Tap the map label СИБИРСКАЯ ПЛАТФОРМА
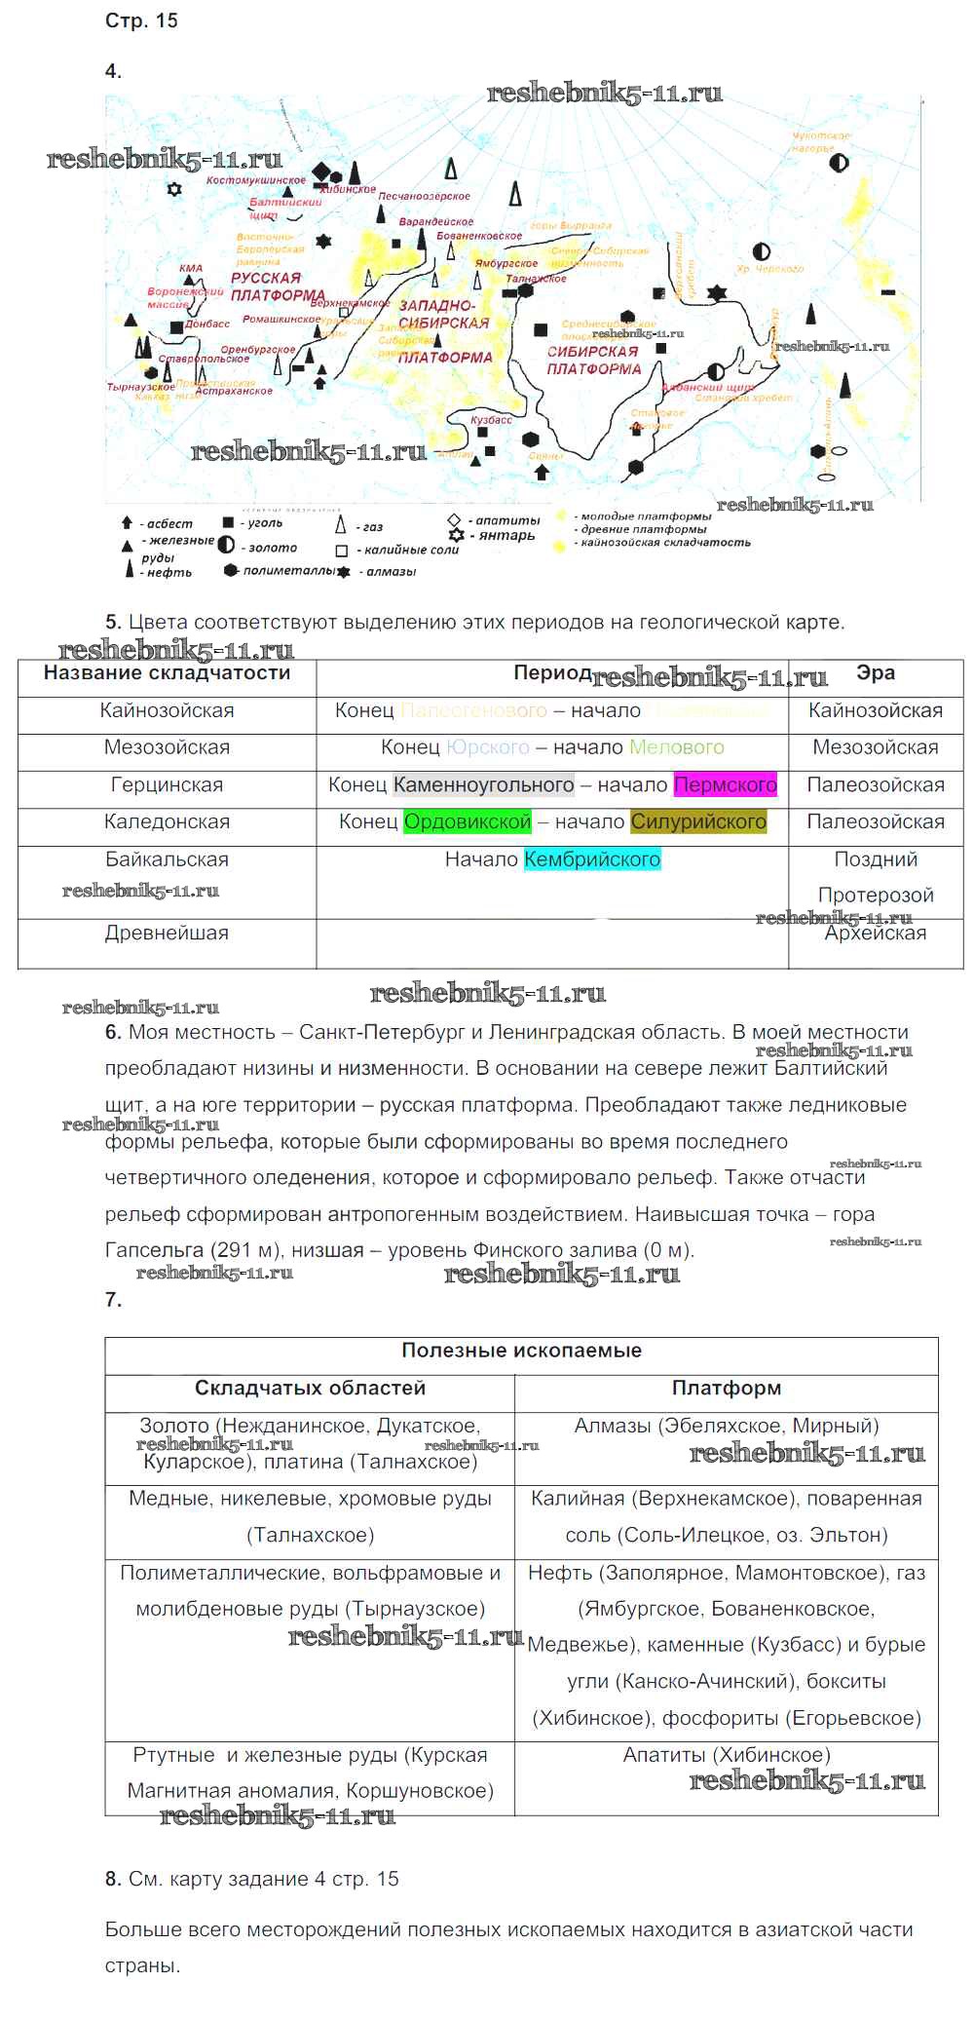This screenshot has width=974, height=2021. (593, 360)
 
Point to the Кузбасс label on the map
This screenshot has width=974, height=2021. (491, 420)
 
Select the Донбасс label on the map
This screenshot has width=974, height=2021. (207, 324)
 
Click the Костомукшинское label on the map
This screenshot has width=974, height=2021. (256, 180)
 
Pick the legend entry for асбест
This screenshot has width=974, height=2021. (159, 523)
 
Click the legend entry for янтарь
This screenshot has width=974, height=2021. (494, 535)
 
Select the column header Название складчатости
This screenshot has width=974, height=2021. (167, 672)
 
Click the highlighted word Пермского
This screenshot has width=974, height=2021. (725, 784)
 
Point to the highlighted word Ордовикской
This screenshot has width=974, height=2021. (468, 821)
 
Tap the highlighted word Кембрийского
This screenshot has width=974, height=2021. (592, 859)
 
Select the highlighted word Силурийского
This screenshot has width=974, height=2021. (698, 821)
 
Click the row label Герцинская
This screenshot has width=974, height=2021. (167, 784)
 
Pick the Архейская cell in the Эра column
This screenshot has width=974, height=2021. (875, 933)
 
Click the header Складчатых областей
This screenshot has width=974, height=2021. (310, 1388)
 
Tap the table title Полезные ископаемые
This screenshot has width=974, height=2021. (521, 1351)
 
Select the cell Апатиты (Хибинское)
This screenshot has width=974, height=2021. (726, 1755)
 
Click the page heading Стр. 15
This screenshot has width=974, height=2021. (141, 20)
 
